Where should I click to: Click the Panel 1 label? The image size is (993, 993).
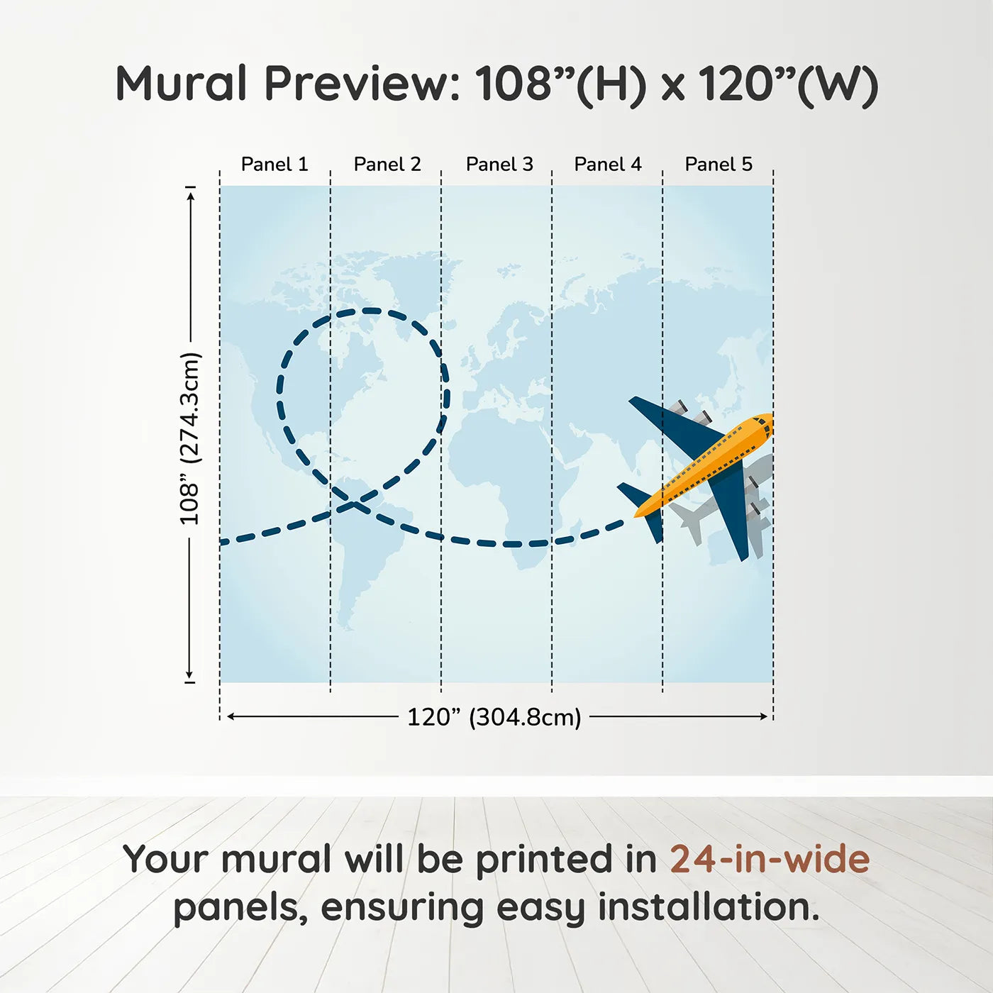[274, 165]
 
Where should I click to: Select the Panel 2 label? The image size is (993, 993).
[387, 165]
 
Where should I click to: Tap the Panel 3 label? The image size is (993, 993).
[499, 165]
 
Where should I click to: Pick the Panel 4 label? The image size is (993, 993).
[608, 165]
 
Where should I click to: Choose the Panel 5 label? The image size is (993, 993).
[719, 165]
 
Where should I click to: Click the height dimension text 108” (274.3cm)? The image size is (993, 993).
[189, 438]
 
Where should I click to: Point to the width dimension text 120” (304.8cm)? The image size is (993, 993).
[494, 717]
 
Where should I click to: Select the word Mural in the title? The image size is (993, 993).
[182, 84]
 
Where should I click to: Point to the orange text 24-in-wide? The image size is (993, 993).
[770, 859]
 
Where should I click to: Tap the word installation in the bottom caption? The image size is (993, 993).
[709, 907]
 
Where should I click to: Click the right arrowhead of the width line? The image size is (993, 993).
[763, 716]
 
